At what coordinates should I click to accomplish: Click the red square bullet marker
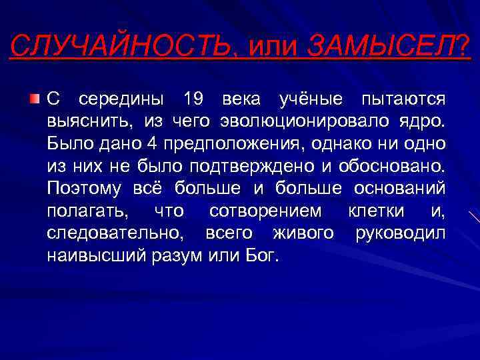click(x=34, y=99)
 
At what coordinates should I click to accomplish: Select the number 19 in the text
click(x=193, y=99)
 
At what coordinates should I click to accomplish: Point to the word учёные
click(x=310, y=99)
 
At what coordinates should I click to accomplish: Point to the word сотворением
click(x=265, y=211)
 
